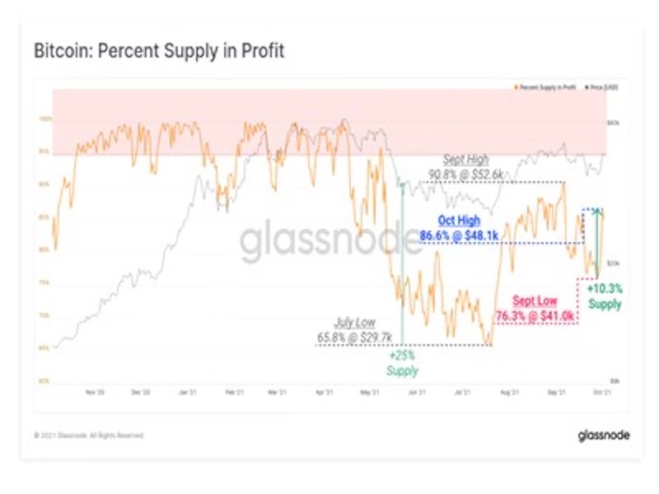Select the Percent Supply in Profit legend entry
tap(546, 86)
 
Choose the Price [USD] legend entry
tap(601, 86)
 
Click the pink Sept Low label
tap(533, 301)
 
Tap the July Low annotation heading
tap(355, 324)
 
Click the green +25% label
tap(403, 357)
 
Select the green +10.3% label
tap(605, 289)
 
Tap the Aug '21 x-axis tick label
tap(510, 393)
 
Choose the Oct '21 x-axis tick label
tap(602, 393)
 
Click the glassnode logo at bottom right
tap(603, 435)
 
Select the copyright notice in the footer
tap(88, 435)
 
